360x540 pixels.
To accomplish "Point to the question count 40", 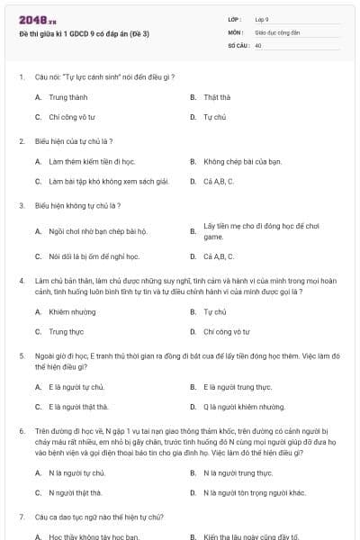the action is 258,44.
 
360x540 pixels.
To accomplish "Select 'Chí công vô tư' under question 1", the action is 72,117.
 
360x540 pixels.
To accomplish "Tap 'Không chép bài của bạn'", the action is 243,161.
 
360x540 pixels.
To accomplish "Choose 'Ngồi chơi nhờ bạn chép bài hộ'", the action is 97,230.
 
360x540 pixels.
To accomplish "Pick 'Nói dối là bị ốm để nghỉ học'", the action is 94,256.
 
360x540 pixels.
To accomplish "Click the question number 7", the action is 21,517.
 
